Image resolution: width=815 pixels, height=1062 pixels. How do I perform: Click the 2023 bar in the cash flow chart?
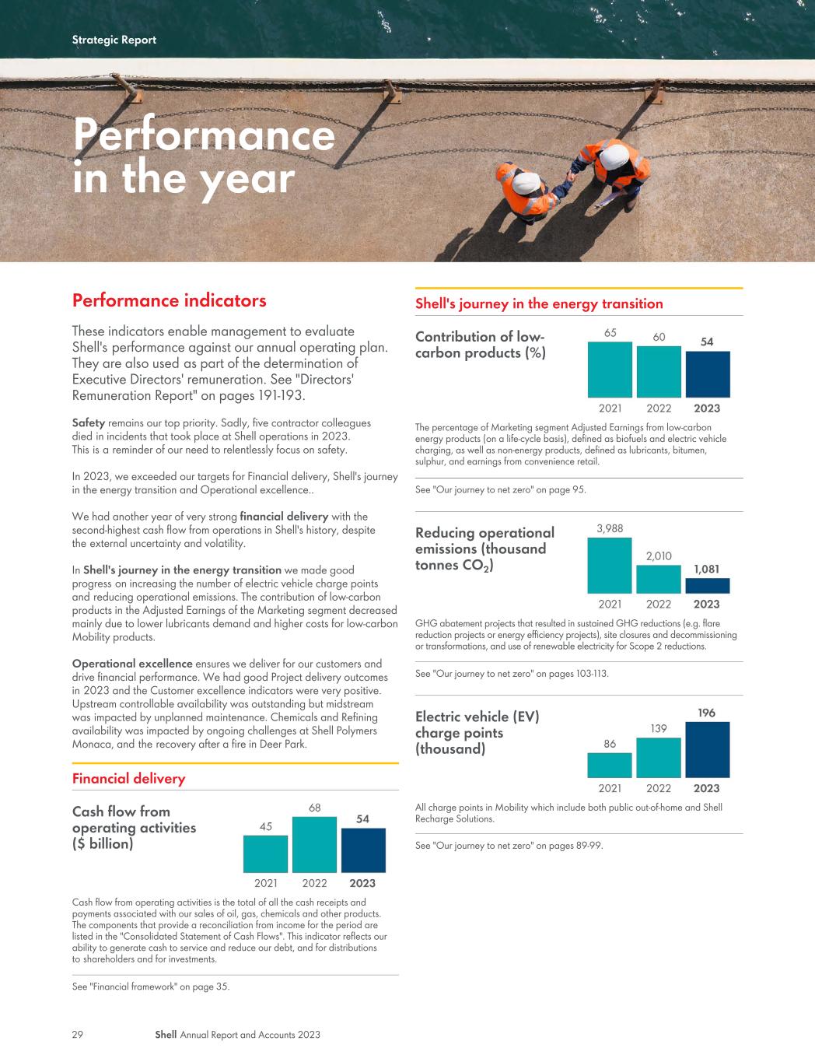coord(363,850)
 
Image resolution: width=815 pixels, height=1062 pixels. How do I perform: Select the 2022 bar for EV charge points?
coord(658,758)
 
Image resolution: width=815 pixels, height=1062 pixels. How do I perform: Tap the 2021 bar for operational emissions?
coord(610,566)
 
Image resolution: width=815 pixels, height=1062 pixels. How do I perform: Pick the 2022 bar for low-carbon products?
coord(659,371)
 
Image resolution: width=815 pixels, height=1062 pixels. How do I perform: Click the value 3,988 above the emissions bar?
coord(610,528)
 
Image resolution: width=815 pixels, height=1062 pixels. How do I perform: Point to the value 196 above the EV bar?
coord(707,713)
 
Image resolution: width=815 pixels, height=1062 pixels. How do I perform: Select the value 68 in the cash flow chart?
coord(314,808)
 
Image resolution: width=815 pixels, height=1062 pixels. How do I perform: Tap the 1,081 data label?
coord(707,569)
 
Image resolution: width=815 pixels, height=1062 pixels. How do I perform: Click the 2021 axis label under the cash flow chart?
coord(266,883)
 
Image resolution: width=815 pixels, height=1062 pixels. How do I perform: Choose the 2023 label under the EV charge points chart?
coord(707,788)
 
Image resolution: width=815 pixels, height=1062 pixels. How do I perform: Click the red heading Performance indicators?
coord(169,300)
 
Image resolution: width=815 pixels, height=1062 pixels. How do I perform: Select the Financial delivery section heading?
coord(129,779)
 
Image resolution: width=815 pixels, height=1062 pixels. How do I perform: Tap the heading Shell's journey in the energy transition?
coord(539,303)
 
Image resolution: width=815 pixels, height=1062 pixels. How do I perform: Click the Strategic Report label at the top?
coord(114,40)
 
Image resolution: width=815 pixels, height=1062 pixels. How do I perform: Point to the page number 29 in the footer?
coord(77,1034)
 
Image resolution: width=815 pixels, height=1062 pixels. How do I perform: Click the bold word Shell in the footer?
coord(166,1034)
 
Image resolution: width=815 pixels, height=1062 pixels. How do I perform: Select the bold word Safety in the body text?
coord(89,423)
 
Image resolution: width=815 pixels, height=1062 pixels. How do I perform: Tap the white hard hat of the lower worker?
coord(526,183)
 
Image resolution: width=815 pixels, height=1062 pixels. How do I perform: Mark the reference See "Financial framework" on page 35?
coord(151,987)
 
